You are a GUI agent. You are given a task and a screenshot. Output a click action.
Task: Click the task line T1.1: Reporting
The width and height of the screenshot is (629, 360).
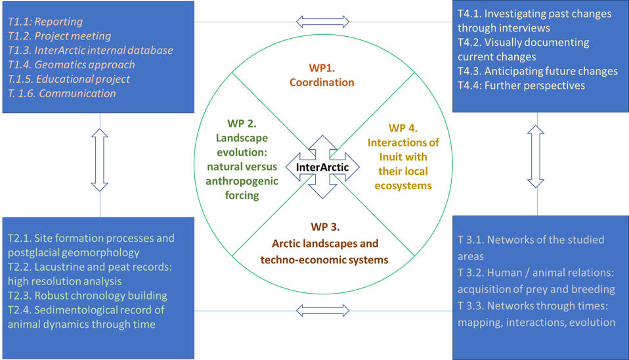point(45,22)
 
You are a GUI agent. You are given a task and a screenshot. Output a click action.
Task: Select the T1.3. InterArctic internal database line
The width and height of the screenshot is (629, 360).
point(91,50)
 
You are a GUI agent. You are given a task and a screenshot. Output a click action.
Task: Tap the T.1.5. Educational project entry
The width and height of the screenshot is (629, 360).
point(69,79)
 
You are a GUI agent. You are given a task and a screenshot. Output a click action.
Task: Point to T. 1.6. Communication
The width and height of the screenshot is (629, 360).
point(62,93)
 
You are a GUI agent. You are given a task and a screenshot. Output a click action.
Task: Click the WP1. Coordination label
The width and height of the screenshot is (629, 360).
point(322,75)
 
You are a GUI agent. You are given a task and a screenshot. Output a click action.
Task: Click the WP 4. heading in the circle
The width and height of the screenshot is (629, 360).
point(402,128)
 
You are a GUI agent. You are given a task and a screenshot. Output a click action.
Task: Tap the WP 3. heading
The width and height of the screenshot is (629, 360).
point(325,227)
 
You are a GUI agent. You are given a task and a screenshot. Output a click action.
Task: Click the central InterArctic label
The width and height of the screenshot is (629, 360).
point(322,167)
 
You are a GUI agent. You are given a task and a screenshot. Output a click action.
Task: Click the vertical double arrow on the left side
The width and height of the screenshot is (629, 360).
point(100,160)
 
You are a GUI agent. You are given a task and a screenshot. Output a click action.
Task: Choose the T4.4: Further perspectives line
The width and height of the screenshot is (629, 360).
point(521,85)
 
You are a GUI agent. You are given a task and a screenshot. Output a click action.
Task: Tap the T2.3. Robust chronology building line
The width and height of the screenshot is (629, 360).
point(87,296)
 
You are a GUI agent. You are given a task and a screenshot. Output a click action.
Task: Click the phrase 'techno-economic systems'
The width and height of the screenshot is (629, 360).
point(324,259)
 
